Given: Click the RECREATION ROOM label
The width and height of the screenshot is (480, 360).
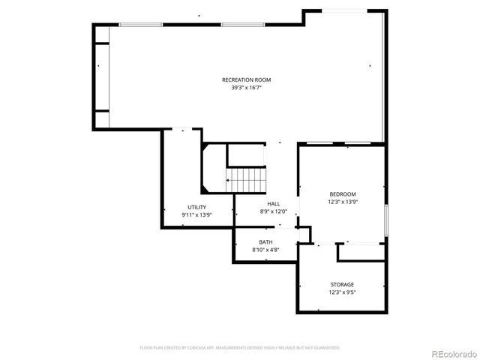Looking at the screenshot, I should click(246, 79).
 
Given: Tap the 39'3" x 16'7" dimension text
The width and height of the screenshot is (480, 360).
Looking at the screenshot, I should click(246, 88).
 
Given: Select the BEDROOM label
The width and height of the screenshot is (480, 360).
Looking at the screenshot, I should click(342, 194).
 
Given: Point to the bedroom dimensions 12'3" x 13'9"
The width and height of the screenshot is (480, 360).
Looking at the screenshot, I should click(342, 202).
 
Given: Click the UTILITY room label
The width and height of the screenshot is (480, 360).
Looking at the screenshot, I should click(196, 207).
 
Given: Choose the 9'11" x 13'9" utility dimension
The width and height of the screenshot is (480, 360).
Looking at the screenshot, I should click(196, 214).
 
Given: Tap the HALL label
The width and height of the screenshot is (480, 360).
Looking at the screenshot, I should click(274, 204).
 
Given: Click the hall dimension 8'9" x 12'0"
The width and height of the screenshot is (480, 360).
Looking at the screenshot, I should click(274, 211).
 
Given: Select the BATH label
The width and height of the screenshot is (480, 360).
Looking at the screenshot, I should click(265, 241).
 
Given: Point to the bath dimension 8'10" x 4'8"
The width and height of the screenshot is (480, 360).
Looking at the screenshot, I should click(265, 249).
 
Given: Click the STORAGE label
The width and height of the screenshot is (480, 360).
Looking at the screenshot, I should click(342, 284).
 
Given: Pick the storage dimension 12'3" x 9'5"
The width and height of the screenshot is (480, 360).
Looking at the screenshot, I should click(342, 292).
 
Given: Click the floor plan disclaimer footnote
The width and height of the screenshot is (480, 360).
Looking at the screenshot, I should click(240, 348).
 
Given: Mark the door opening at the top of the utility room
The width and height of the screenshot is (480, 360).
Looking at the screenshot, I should click(183, 130).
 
